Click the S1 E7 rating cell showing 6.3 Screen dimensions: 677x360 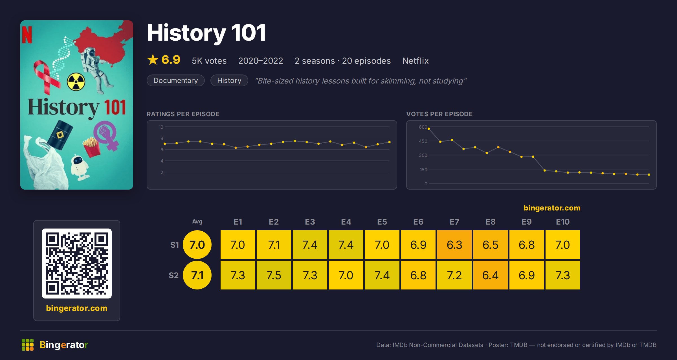(x=454, y=245)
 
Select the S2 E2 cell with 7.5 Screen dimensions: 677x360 (x=274, y=275)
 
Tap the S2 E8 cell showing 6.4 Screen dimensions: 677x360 (x=490, y=275)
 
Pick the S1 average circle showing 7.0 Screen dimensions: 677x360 (x=197, y=245)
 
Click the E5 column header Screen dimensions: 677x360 (x=382, y=222)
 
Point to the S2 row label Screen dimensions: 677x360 (x=174, y=275)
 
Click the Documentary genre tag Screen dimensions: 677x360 (x=176, y=80)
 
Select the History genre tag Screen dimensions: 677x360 (x=229, y=80)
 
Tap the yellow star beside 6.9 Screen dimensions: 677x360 (x=153, y=60)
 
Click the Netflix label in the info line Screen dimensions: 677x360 (x=416, y=61)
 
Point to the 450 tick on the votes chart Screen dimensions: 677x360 (x=423, y=141)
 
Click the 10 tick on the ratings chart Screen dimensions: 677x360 (x=161, y=127)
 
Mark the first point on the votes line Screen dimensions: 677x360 (x=429, y=129)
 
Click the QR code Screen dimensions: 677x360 (x=77, y=264)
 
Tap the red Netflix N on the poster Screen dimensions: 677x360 (x=27, y=35)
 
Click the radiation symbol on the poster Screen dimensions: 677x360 (x=76, y=82)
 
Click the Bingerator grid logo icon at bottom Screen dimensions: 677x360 (x=28, y=345)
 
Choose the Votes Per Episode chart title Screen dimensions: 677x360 (x=439, y=114)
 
